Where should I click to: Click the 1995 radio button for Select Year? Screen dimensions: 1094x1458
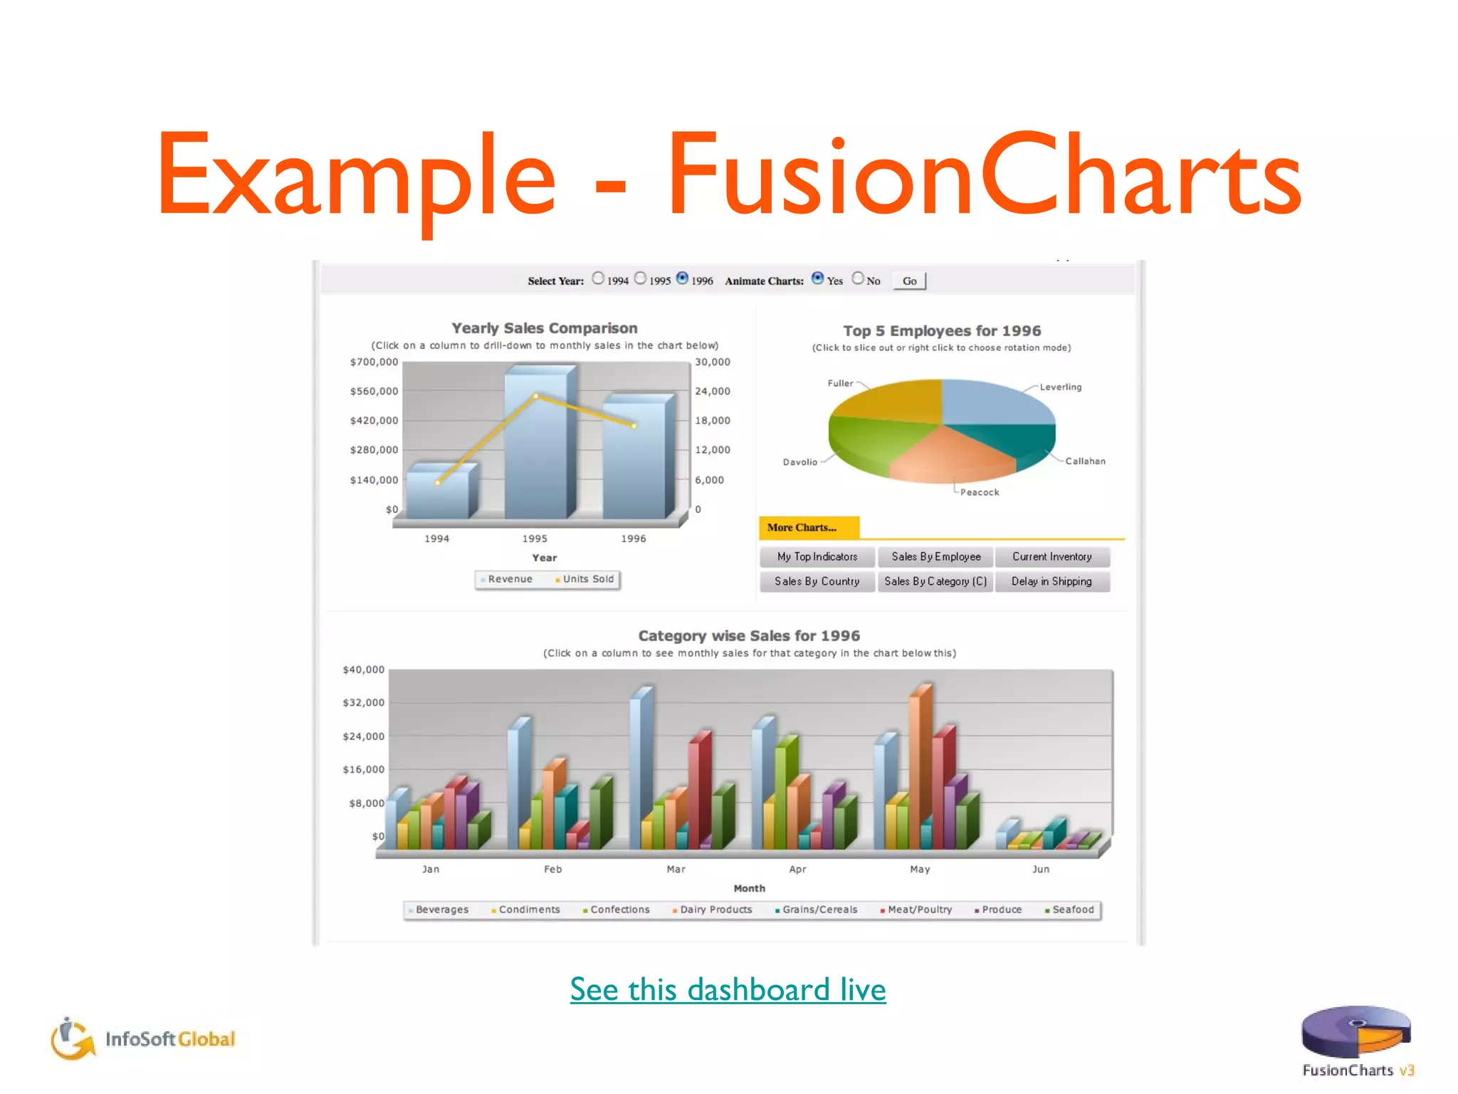[640, 278]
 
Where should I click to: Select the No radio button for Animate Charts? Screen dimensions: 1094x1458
[858, 278]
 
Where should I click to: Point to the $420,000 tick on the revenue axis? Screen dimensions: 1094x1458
[374, 420]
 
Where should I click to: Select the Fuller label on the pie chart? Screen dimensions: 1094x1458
[840, 383]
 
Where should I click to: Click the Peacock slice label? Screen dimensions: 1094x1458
[980, 492]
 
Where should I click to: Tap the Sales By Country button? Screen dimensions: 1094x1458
[817, 581]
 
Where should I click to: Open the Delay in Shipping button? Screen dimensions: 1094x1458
[1051, 581]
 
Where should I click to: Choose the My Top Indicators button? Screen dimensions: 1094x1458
[817, 556]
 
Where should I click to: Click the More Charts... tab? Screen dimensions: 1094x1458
[809, 527]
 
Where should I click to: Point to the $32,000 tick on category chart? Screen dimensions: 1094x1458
[363, 702]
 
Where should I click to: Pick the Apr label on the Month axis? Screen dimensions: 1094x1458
[797, 869]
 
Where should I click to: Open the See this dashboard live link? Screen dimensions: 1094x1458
[728, 989]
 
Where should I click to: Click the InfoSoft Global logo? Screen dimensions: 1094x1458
[142, 1039]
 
